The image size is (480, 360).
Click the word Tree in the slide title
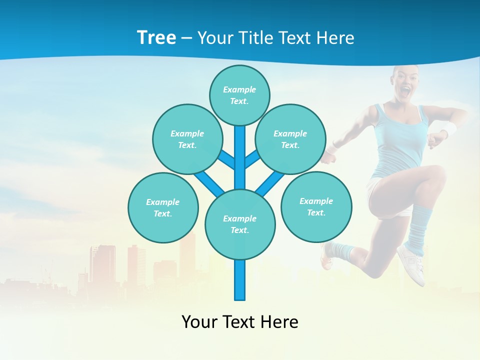click(156, 38)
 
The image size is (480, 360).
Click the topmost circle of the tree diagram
click(239, 95)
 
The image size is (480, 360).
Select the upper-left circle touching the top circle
click(187, 139)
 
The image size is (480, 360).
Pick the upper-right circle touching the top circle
click(290, 139)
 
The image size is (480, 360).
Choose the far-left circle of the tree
click(163, 207)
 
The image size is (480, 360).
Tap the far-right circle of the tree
click(316, 206)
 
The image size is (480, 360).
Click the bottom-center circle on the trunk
click(240, 224)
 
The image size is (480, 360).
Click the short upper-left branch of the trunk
click(226, 159)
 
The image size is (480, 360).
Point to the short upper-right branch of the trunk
click(252, 159)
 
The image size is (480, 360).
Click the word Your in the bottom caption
click(199, 321)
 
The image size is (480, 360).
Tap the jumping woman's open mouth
click(406, 91)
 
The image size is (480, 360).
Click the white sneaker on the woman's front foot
click(411, 264)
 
